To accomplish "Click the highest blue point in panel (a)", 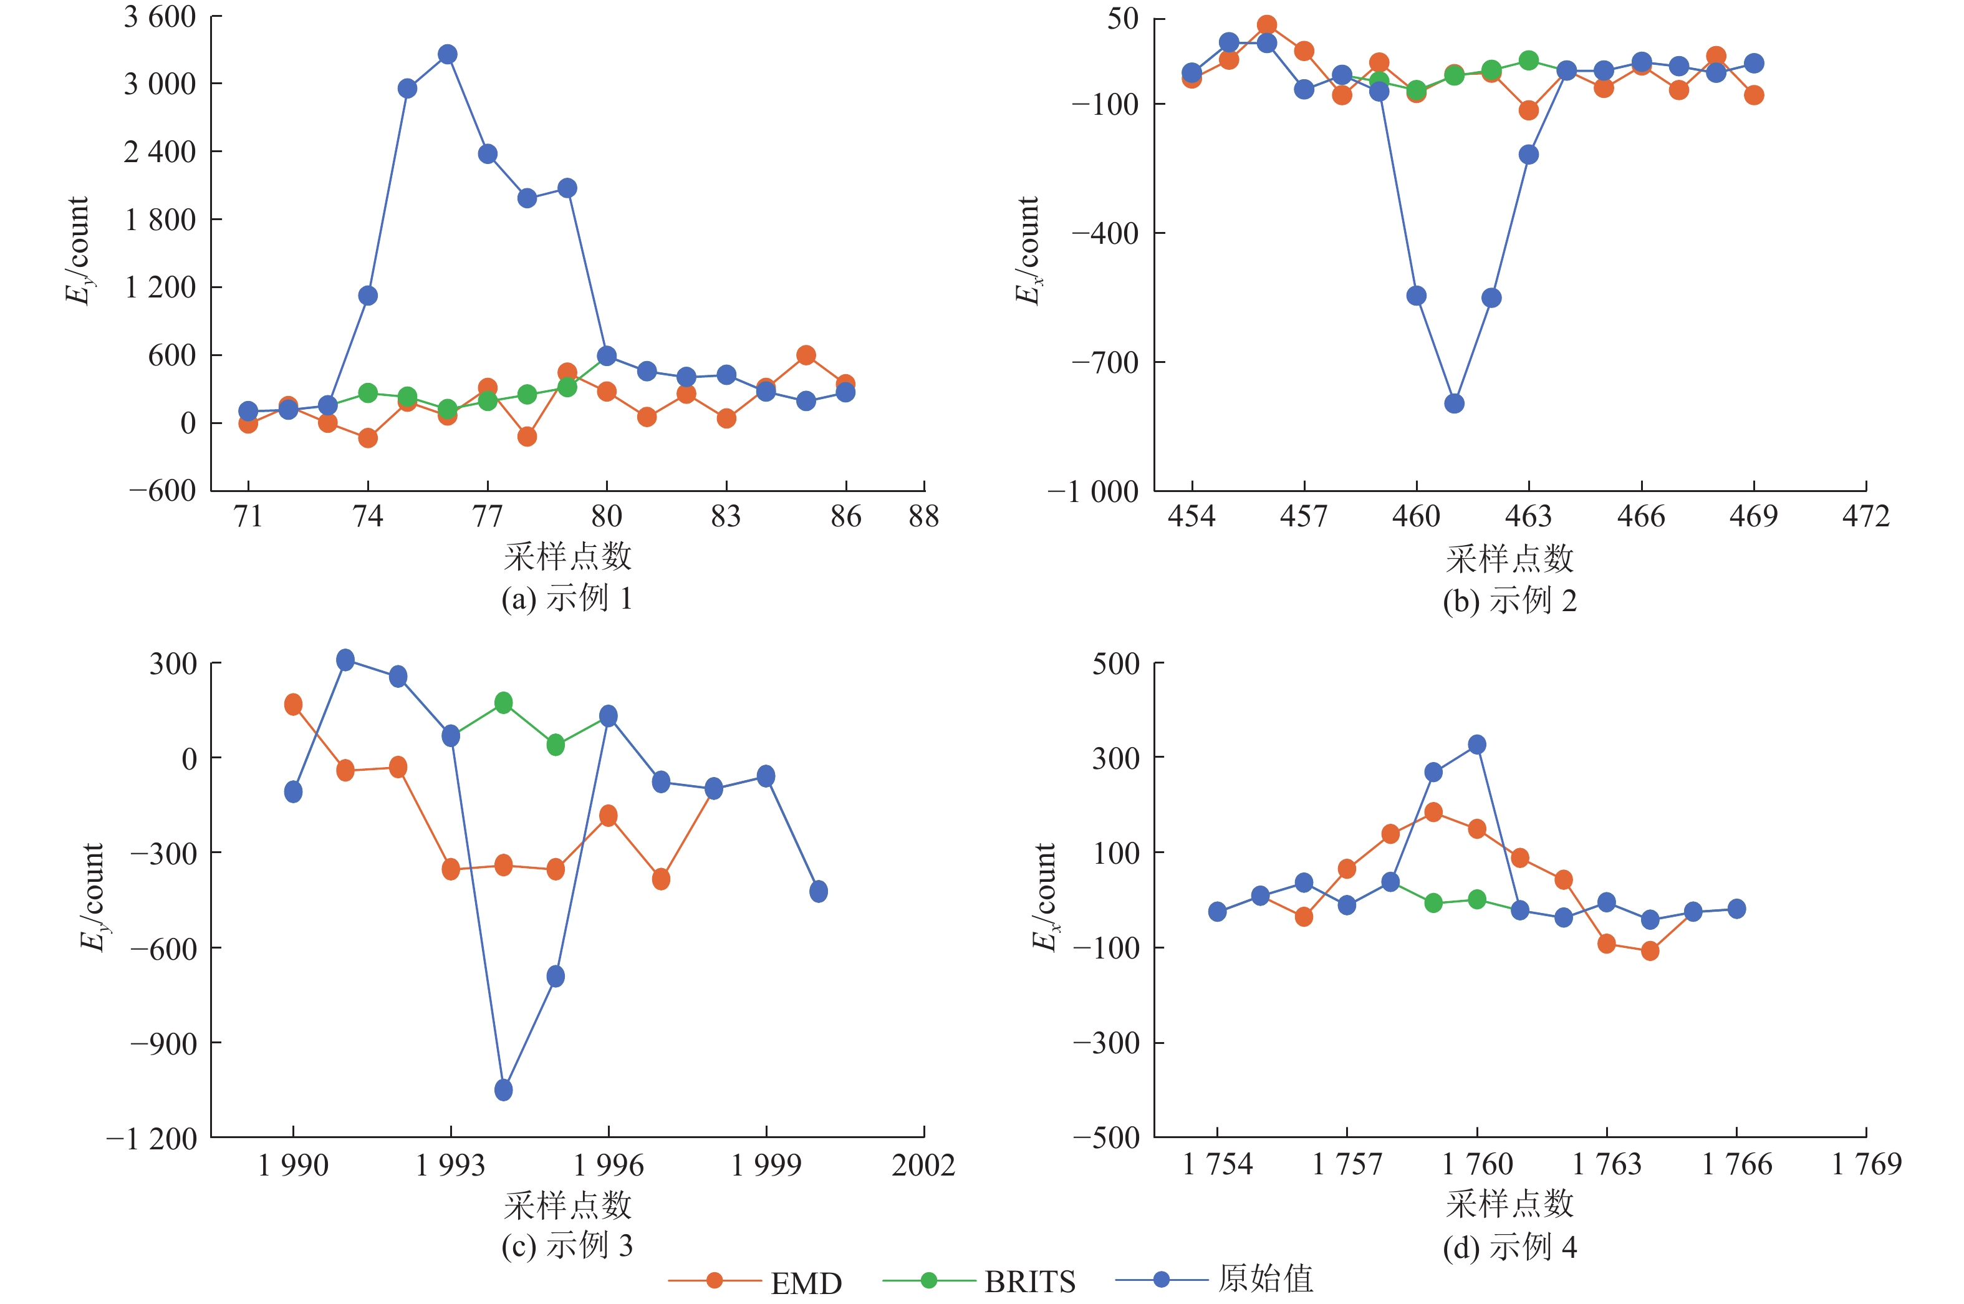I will (447, 55).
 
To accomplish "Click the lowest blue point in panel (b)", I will (1453, 404).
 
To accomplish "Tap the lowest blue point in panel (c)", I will (503, 1089).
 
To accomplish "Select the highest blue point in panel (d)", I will (1477, 745).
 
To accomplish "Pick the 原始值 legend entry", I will (1214, 1279).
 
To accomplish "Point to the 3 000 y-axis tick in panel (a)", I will (160, 84).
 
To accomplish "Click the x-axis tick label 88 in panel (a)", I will (924, 517).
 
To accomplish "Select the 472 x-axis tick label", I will (1866, 517).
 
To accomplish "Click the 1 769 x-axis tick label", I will (1867, 1164).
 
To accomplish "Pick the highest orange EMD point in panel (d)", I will (1433, 813).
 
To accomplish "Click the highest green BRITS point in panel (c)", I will (503, 703).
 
